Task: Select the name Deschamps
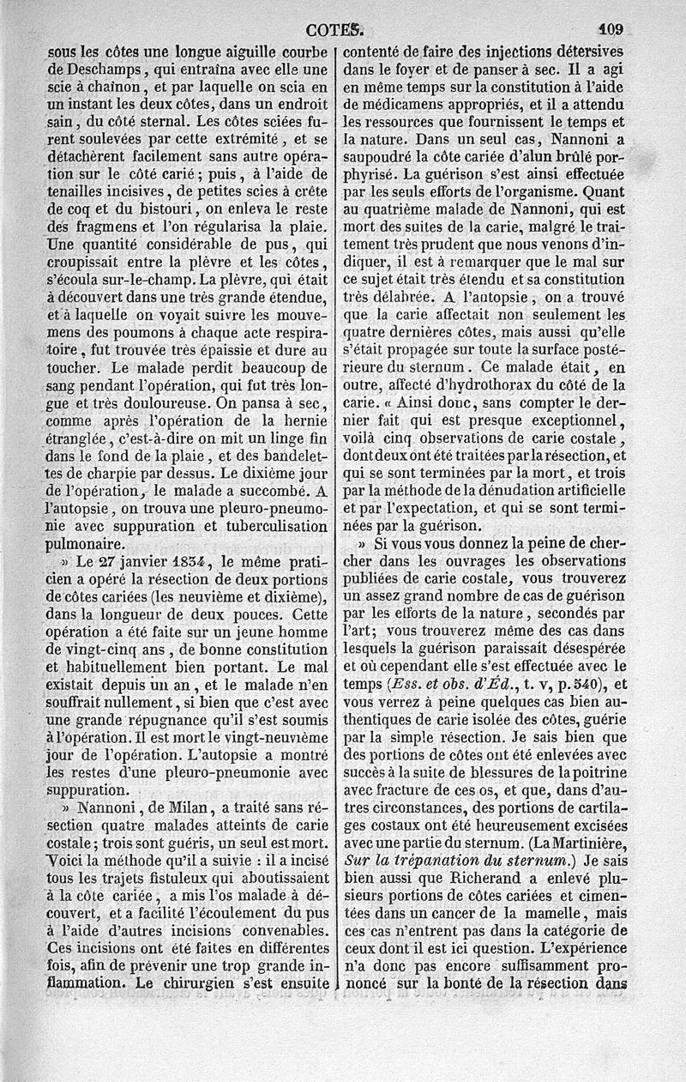point(99,69)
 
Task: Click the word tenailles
point(78,191)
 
